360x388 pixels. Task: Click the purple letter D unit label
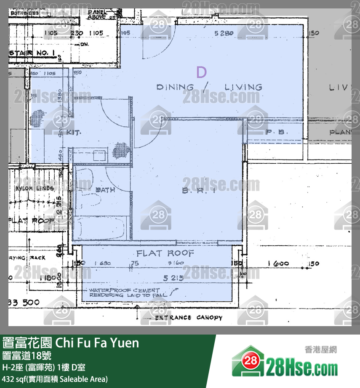click(x=201, y=72)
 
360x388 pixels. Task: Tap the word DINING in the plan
click(x=175, y=87)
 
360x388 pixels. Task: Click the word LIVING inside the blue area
click(x=243, y=87)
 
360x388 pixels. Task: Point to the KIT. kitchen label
click(x=73, y=132)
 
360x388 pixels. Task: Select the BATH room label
click(x=105, y=190)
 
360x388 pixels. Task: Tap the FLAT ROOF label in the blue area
click(x=165, y=253)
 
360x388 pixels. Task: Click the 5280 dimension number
click(x=224, y=33)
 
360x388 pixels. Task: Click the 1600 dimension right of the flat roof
click(x=278, y=263)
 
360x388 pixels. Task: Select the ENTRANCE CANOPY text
click(x=189, y=317)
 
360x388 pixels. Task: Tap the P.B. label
click(x=277, y=132)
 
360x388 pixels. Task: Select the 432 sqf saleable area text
click(x=55, y=379)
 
